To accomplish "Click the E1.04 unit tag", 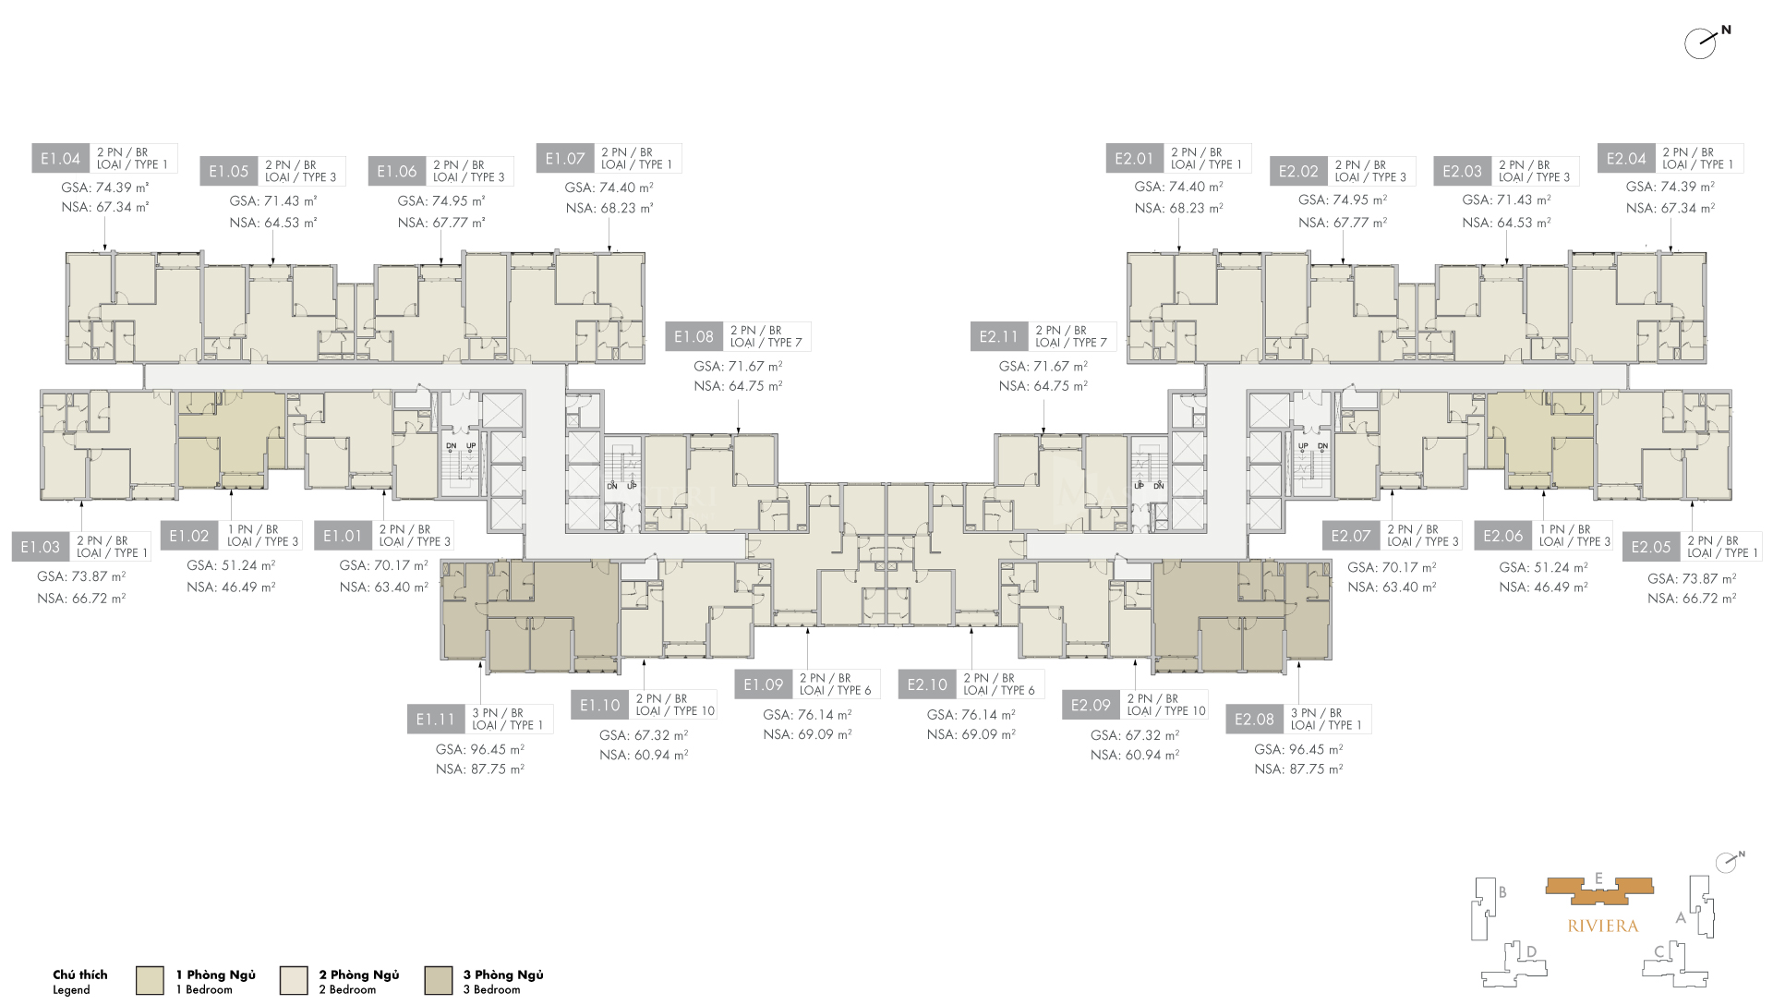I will [61, 159].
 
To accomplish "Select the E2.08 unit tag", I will [1254, 720].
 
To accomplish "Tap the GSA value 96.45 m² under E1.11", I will [479, 749].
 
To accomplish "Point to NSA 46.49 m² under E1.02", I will [231, 587].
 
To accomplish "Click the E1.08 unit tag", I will [694, 337].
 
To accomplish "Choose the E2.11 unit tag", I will [998, 337].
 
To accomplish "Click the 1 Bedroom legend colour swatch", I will [150, 980].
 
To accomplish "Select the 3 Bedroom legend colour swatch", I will [439, 980].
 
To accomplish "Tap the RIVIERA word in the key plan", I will [1602, 926].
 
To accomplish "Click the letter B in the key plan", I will [1502, 892].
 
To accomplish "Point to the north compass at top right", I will [1702, 42].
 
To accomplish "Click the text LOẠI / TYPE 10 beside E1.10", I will [675, 711].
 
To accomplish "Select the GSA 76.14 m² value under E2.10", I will [971, 715].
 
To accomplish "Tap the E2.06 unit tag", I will [1502, 536].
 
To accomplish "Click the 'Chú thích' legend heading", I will [79, 975].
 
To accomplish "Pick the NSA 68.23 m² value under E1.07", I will [609, 209].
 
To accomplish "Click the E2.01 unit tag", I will [1134, 159].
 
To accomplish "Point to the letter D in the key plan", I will [1531, 951].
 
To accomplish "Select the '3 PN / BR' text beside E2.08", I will [1316, 713].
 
